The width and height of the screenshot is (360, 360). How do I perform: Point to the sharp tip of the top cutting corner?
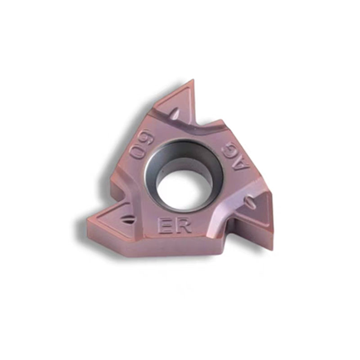click(193, 81)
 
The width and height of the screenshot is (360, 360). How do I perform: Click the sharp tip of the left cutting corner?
click(87, 221)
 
